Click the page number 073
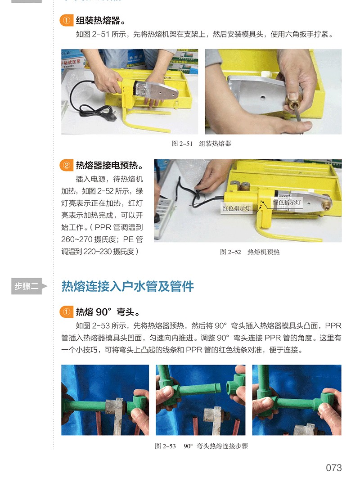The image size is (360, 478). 333,467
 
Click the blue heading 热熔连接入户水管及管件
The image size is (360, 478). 128,286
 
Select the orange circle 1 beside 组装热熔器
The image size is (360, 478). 67,21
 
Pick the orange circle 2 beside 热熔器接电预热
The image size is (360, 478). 67,166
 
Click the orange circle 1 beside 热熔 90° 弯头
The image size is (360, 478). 67,312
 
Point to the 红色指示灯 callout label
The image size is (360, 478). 237,208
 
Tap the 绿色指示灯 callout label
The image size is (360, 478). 287,202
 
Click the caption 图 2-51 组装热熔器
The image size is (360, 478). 202,144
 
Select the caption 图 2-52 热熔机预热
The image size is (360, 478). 250,252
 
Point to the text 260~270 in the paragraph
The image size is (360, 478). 77,239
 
